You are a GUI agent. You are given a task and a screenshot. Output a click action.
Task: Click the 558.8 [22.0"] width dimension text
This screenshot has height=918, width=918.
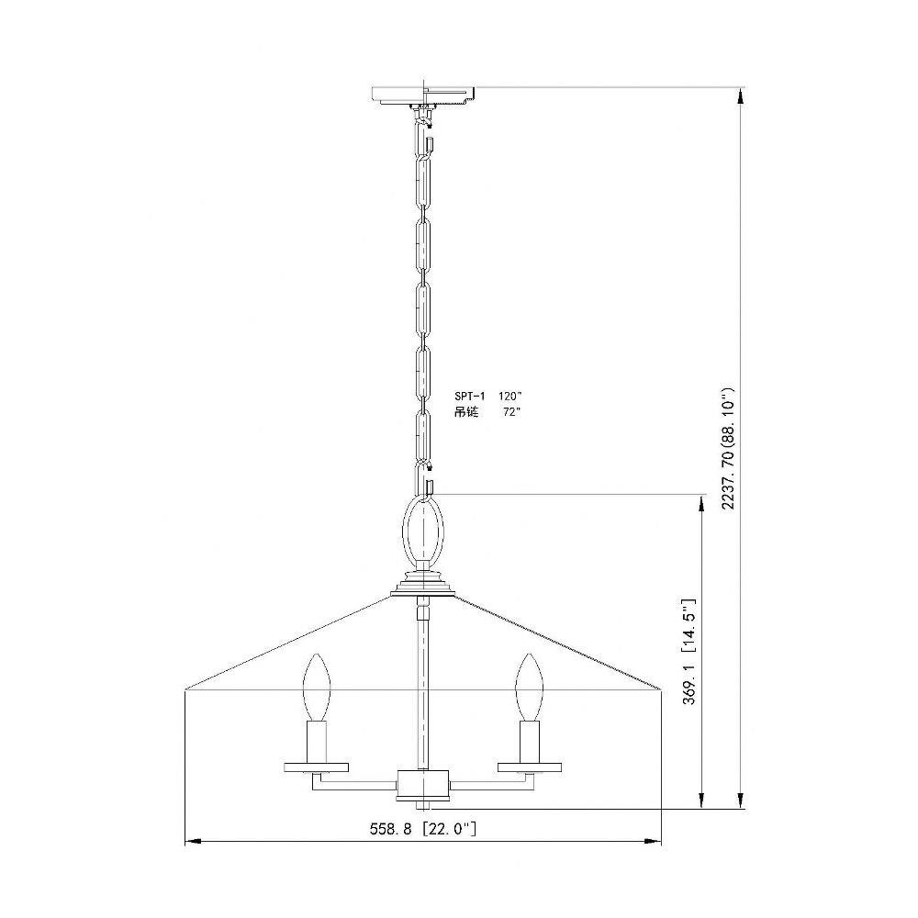click(422, 829)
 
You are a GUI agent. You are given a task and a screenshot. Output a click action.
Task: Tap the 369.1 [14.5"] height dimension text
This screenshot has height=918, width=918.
click(689, 651)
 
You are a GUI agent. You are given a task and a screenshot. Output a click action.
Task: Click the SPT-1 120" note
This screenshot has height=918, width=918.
click(487, 396)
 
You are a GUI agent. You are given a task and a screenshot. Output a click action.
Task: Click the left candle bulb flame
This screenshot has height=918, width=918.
click(316, 687)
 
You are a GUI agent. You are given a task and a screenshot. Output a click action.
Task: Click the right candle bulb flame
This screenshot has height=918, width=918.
click(530, 687)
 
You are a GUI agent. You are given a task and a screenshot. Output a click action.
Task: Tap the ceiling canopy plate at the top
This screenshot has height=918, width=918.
click(423, 95)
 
